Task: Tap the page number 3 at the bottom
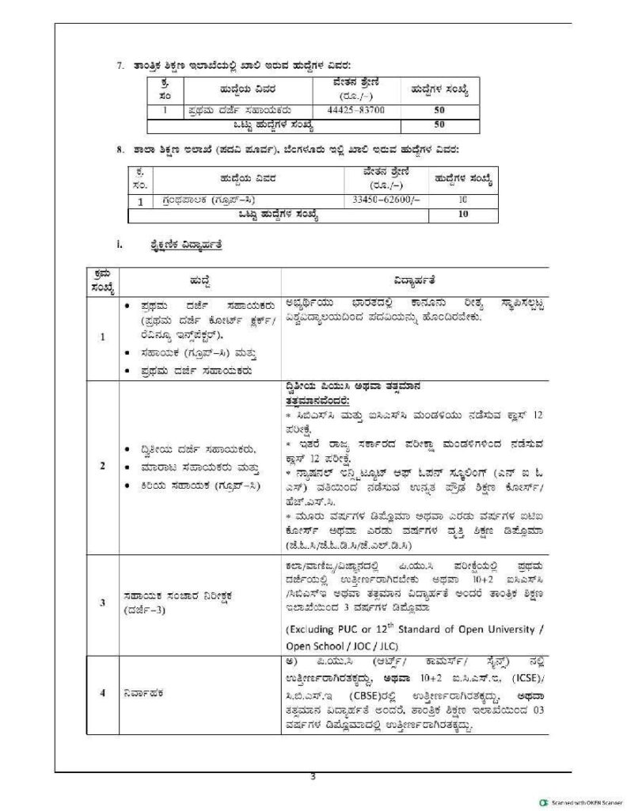pyautogui.click(x=313, y=777)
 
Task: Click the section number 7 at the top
pyautogui.click(x=120, y=64)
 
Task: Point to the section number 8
pyautogui.click(x=120, y=149)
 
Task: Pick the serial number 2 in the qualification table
pyautogui.click(x=103, y=464)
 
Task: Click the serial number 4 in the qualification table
pyautogui.click(x=103, y=694)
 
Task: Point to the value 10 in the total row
pyautogui.click(x=463, y=214)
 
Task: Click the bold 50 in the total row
pyautogui.click(x=439, y=124)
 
